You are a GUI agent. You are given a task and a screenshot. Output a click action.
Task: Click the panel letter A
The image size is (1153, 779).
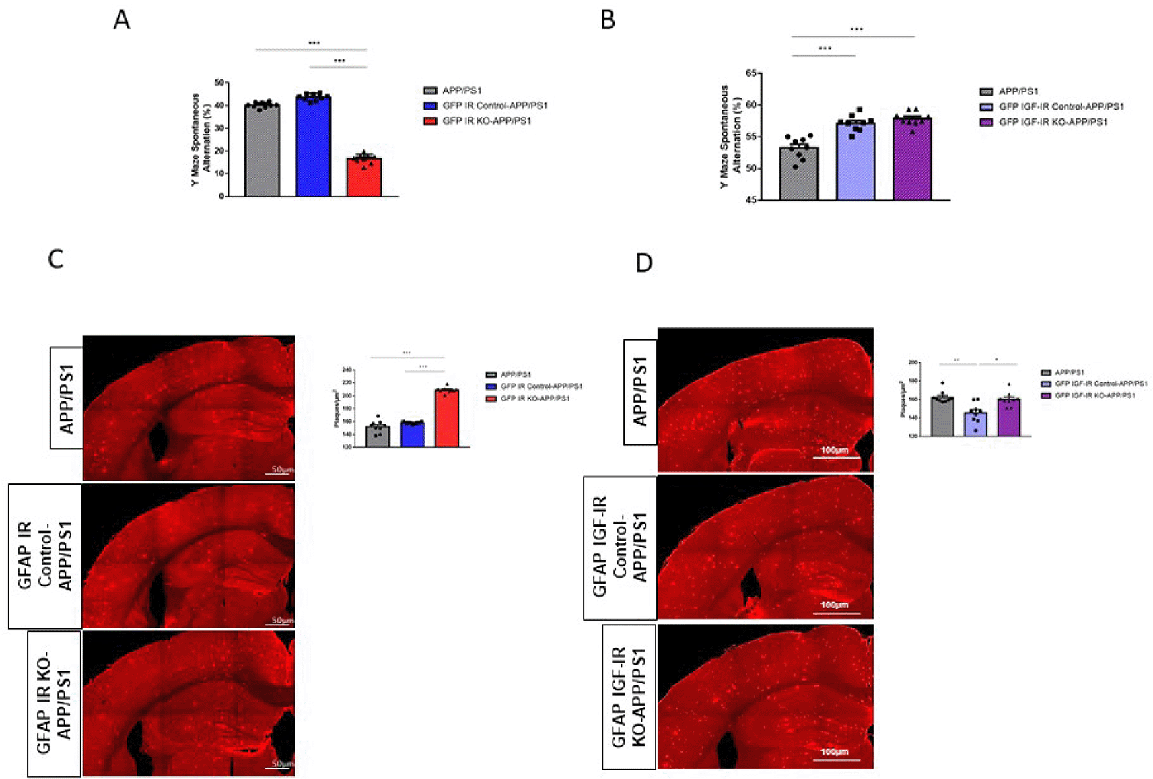(x=122, y=20)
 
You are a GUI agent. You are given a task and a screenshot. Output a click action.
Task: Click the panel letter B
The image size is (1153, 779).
(x=607, y=20)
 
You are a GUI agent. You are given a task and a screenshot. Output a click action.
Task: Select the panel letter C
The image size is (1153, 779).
(x=56, y=259)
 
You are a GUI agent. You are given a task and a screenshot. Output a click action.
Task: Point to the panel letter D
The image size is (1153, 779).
(x=644, y=263)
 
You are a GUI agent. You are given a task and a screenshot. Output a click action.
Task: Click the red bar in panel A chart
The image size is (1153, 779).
(x=364, y=177)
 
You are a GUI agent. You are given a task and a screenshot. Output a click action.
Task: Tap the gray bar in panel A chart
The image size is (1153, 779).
(x=262, y=151)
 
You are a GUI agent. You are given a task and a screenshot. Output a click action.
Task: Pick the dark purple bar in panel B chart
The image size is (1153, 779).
(x=912, y=159)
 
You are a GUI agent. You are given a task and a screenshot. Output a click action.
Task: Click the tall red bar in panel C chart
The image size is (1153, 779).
(x=447, y=418)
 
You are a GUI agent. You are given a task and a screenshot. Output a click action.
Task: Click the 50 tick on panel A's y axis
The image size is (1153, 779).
(x=219, y=83)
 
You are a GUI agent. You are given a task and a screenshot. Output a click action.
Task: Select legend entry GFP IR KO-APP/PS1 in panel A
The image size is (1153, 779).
(x=486, y=121)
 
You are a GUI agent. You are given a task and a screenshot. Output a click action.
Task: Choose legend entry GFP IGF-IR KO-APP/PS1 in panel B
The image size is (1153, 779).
(x=1052, y=122)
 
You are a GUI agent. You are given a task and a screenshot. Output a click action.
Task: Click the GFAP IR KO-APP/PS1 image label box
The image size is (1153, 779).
(x=54, y=703)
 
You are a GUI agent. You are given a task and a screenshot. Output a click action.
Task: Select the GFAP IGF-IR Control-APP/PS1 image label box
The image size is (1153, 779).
(x=620, y=547)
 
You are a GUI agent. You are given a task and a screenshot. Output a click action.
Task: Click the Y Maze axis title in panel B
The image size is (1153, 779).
(x=730, y=137)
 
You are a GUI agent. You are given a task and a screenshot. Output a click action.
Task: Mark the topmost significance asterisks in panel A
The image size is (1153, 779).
(x=314, y=43)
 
